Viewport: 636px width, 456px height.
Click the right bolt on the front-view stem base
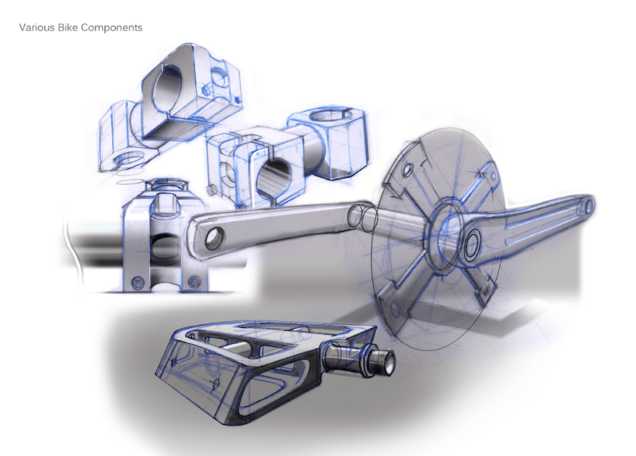coord(195,281)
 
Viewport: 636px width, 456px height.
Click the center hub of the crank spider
coord(445,226)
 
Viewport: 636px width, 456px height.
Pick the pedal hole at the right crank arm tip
coord(588,204)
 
